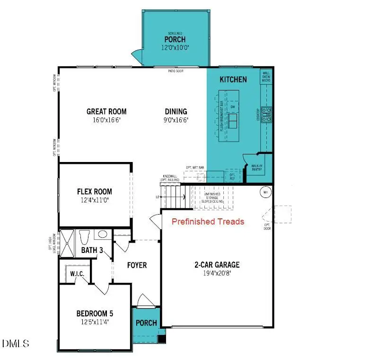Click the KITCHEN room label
pos(233,80)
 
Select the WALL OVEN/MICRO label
pos(266,77)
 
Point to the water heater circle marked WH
pos(265,193)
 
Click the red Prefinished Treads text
pos(208,222)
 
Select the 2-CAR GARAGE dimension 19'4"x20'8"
pos(218,273)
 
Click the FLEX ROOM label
pos(95,192)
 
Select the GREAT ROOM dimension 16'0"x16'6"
pos(106,120)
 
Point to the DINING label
pos(176,112)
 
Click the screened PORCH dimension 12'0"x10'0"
pos(175,47)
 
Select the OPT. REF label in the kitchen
pos(232,176)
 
